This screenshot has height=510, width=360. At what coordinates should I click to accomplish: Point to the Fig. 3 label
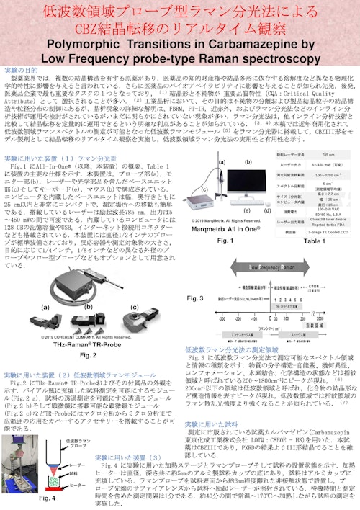(x=195, y=297)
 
